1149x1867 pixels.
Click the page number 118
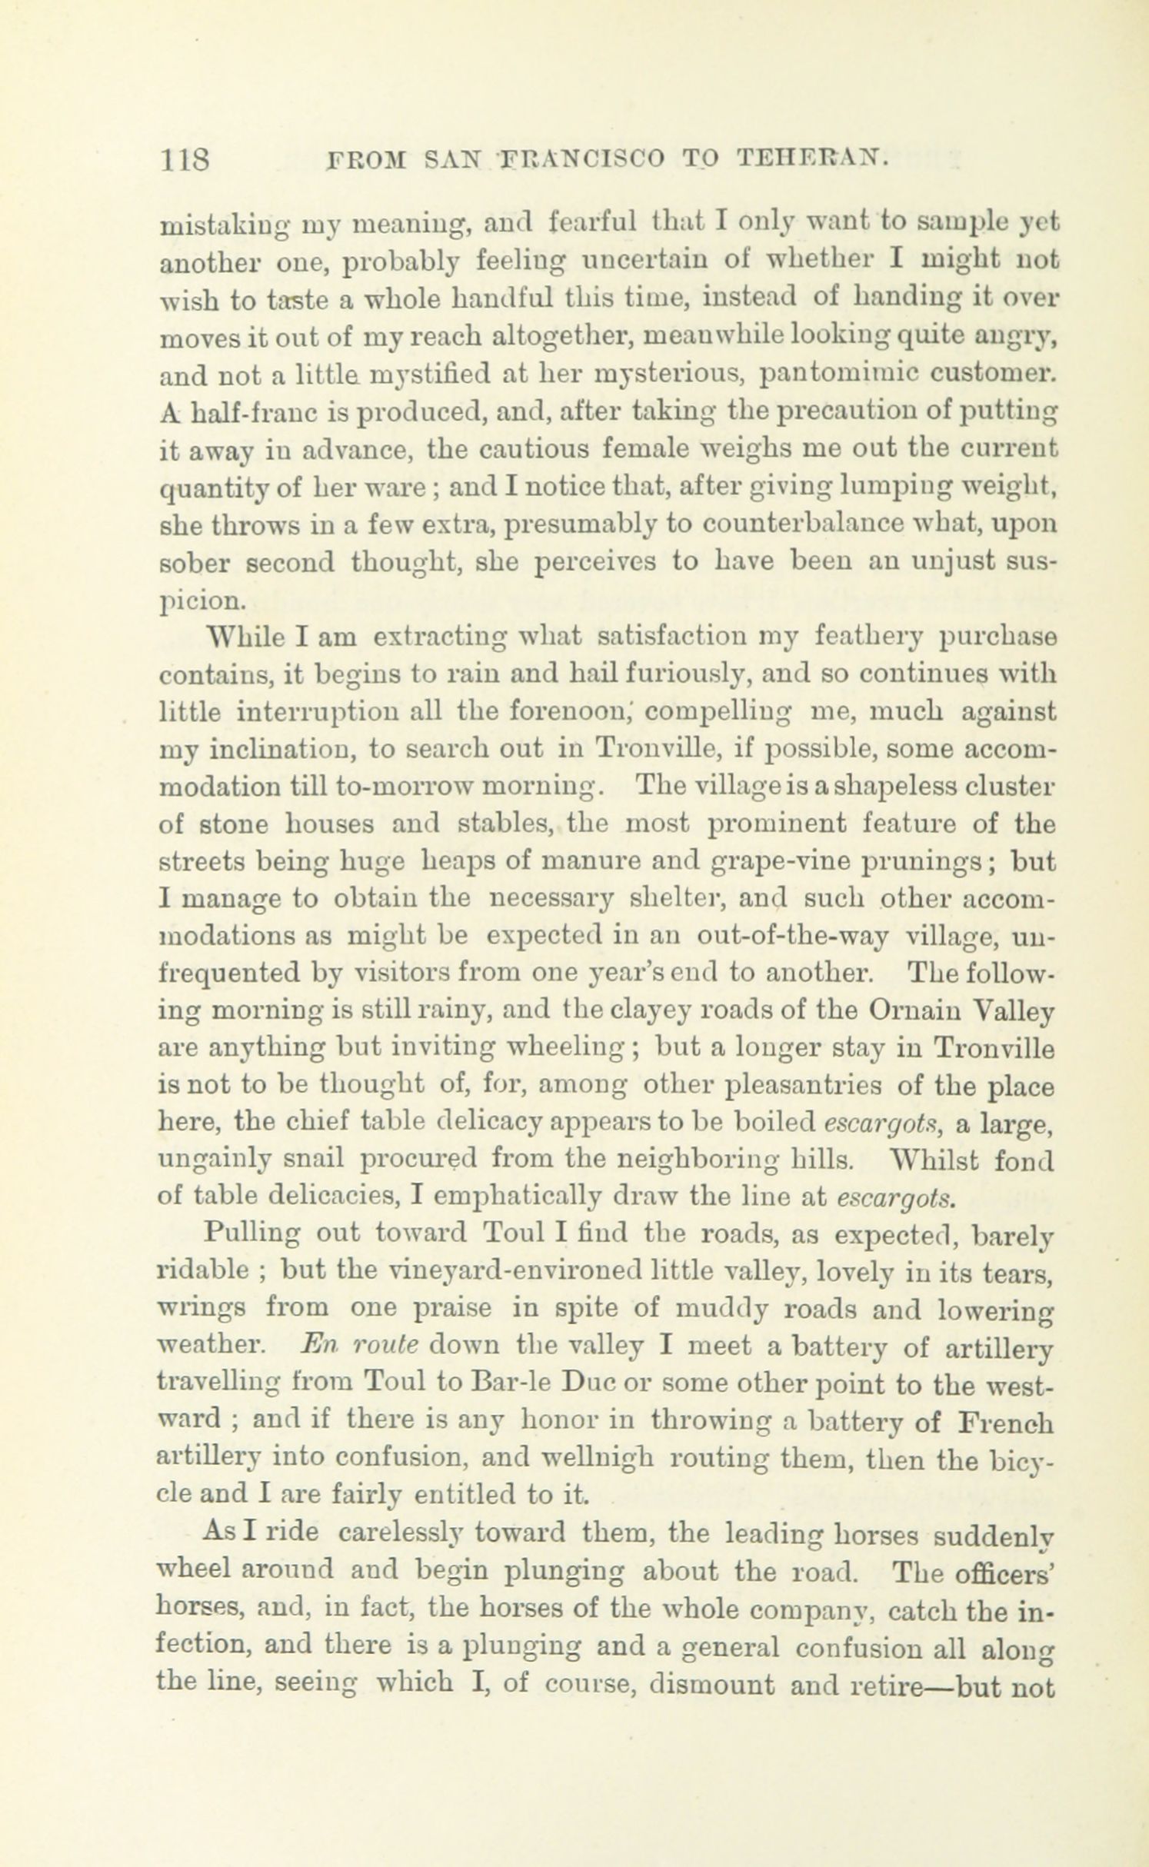(184, 160)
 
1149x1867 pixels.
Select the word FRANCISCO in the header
(580, 159)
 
